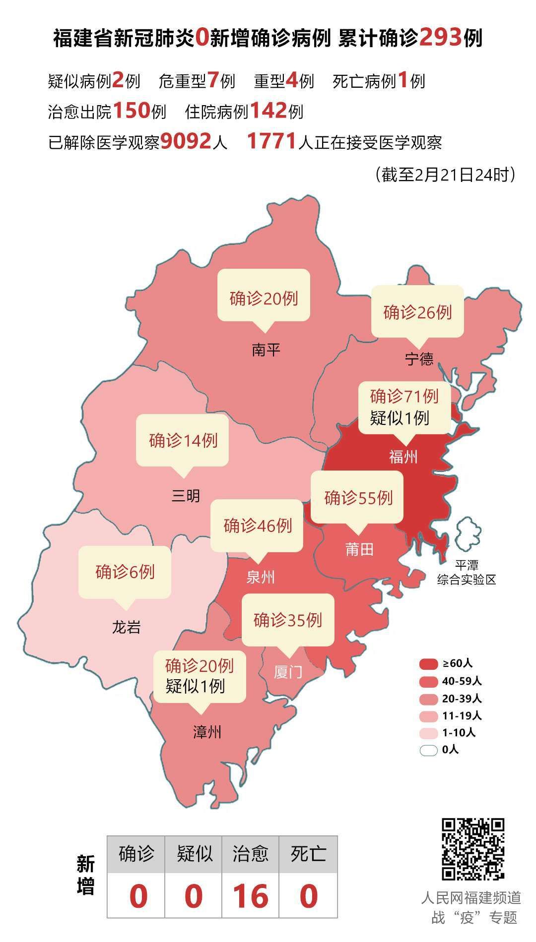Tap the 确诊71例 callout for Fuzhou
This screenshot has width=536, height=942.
pyautogui.click(x=404, y=407)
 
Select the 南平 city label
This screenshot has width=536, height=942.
pyautogui.click(x=266, y=351)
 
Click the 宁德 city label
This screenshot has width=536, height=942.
pyautogui.click(x=419, y=358)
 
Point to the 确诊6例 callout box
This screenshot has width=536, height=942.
pyautogui.click(x=125, y=572)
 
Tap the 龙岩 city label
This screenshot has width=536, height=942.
pyautogui.click(x=126, y=628)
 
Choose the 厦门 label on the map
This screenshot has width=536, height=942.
pyautogui.click(x=288, y=672)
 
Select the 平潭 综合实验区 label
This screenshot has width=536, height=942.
pyautogui.click(x=467, y=573)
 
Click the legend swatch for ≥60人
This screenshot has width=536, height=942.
pyautogui.click(x=428, y=663)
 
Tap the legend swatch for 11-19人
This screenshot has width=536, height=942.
pyautogui.click(x=428, y=716)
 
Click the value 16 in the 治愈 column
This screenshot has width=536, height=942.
pyautogui.click(x=250, y=896)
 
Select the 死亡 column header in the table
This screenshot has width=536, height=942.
pyautogui.click(x=308, y=854)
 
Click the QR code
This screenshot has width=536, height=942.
pyautogui.click(x=473, y=849)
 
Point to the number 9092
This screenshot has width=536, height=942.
pyautogui.click(x=186, y=142)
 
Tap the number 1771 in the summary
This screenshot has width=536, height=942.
pyautogui.click(x=272, y=142)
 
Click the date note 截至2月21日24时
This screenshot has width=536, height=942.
pyautogui.click(x=445, y=174)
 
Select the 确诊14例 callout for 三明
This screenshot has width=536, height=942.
pyautogui.click(x=183, y=440)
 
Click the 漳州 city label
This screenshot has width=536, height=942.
pyautogui.click(x=207, y=732)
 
